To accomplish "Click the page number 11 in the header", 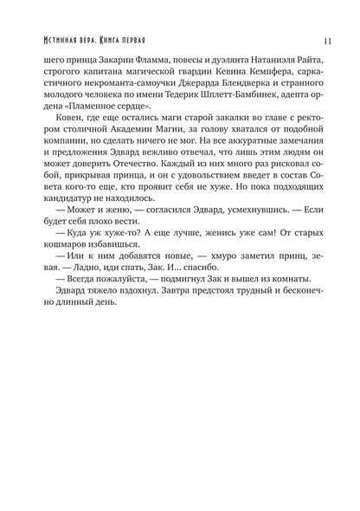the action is pyautogui.click(x=319, y=39).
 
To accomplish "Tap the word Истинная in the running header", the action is pyautogui.click(x=54, y=39).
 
